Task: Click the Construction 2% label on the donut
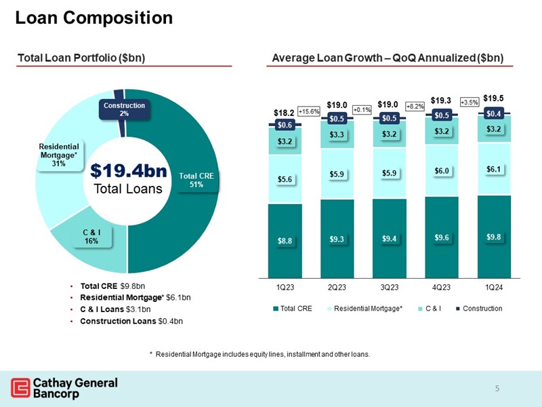(x=124, y=109)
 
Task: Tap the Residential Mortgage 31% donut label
(x=58, y=155)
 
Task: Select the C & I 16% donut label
(x=91, y=236)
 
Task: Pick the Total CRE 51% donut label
(x=196, y=180)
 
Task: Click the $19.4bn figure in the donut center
(x=128, y=170)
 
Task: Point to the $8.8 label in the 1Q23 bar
(x=285, y=240)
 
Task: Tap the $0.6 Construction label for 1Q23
(x=285, y=125)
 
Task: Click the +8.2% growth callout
(x=415, y=106)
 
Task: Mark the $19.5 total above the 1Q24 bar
(x=493, y=98)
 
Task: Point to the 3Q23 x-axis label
(x=389, y=287)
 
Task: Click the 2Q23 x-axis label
(x=337, y=287)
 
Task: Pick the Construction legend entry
(x=480, y=309)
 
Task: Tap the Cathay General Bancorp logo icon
(x=20, y=388)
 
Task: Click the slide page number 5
(x=497, y=389)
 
